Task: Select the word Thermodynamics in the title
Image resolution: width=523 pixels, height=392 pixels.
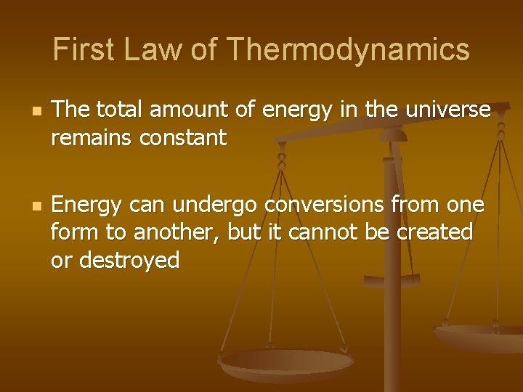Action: point(348,50)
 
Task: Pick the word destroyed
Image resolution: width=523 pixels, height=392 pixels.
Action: point(129,259)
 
